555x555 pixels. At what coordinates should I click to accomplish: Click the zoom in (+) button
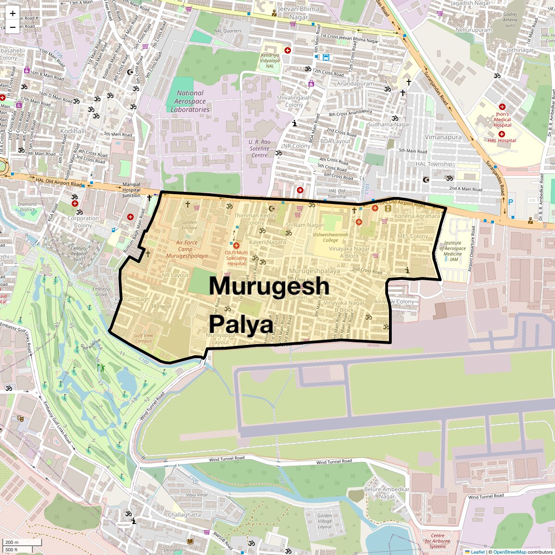tap(12, 13)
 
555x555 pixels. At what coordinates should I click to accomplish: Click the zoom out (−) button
tap(12, 27)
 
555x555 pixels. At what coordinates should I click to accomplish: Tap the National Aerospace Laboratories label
tap(190, 101)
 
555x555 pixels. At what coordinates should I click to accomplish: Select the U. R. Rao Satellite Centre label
tap(259, 148)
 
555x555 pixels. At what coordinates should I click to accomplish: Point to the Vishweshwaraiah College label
tap(330, 237)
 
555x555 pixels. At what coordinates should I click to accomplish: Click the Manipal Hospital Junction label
tap(131, 190)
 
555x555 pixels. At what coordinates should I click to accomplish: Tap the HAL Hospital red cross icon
tap(501, 134)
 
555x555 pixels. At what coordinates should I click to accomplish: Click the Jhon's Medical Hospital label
tap(502, 119)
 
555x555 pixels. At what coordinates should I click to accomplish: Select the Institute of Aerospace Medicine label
tap(452, 251)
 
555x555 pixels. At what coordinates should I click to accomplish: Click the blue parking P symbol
tap(511, 202)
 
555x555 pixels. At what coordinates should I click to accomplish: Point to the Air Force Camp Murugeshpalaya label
tap(187, 249)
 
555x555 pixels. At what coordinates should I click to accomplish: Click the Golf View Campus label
tap(143, 338)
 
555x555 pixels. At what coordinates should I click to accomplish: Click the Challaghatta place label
tap(184, 515)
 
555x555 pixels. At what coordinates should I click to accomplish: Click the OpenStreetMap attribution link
tap(509, 552)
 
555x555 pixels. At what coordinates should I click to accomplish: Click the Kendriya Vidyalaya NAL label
tap(270, 61)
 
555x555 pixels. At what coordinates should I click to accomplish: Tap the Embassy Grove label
tap(101, 291)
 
